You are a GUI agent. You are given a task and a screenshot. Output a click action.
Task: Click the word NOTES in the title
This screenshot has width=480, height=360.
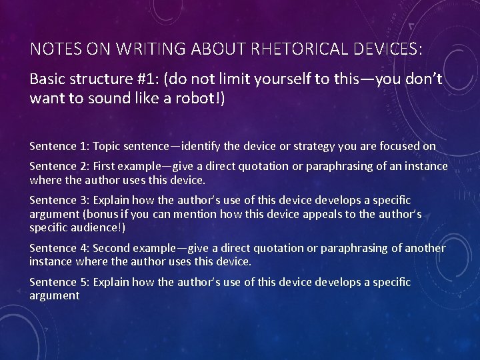coord(53,50)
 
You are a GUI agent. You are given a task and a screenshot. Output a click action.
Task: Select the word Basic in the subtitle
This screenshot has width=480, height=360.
coord(47,79)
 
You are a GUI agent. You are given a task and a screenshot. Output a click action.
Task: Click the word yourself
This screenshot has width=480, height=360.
coord(271,79)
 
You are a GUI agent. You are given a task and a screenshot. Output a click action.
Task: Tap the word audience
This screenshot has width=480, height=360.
coord(92,227)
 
